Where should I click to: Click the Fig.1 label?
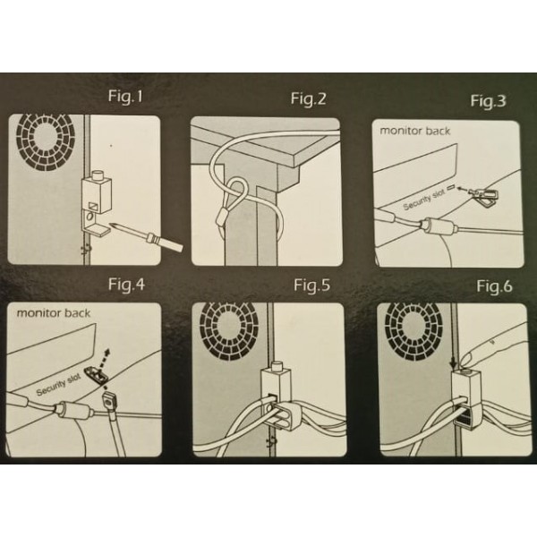pos(125,96)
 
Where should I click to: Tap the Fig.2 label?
pos(308,99)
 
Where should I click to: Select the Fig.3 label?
pos(488,100)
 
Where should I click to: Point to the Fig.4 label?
pos(126,285)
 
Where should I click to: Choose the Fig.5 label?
pos(312,286)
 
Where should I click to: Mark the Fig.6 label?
pos(494,286)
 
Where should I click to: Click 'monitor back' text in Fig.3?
pos(415,131)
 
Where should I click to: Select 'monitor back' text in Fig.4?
pos(54,313)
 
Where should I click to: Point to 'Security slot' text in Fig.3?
pos(424,200)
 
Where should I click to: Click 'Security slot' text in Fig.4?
pos(58,385)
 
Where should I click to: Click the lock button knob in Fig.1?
pos(98,175)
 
